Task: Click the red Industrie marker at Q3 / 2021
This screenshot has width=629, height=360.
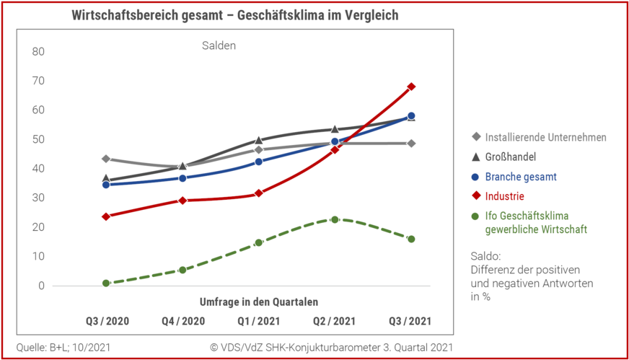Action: (411, 87)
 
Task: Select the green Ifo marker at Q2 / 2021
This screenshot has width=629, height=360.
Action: (335, 219)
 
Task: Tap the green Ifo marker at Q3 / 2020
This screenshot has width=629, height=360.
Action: (106, 284)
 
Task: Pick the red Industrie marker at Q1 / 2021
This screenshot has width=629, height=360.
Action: (258, 193)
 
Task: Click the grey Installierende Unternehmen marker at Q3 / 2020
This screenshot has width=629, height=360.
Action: (106, 159)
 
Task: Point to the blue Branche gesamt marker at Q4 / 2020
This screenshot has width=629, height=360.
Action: (182, 178)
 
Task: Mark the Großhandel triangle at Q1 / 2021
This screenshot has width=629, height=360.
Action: (258, 140)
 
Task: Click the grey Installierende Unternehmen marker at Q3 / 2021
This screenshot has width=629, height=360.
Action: (411, 144)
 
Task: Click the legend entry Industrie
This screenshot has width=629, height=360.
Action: (504, 196)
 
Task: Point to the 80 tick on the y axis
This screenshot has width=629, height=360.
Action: (38, 52)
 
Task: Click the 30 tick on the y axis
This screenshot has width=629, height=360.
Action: (38, 198)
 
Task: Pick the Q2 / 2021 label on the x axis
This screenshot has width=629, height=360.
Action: (335, 321)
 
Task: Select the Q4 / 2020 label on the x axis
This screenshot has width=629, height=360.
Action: (182, 321)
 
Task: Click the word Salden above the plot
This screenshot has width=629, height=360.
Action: (219, 45)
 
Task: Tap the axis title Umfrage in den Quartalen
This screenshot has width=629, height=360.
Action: (258, 302)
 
